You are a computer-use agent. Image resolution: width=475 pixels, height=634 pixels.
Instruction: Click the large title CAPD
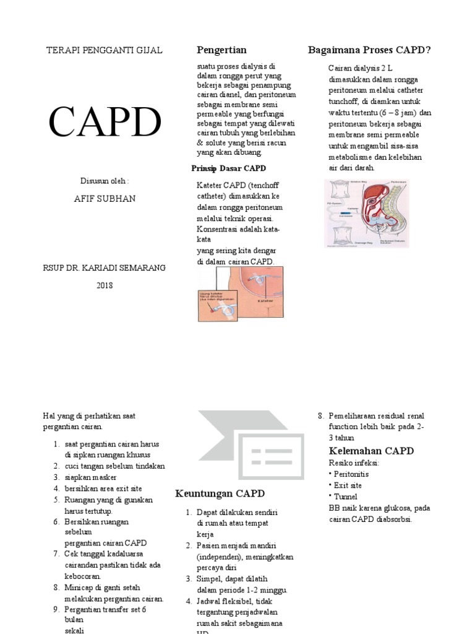(105, 122)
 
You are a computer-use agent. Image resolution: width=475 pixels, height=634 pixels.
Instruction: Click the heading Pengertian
(221, 50)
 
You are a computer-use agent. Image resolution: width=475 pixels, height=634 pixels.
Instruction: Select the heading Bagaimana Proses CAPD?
(370, 50)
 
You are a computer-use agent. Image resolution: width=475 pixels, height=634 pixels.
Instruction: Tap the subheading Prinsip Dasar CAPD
(229, 168)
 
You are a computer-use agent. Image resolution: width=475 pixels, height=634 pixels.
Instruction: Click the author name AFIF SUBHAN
(105, 199)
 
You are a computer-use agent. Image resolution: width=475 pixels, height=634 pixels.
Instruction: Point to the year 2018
(105, 285)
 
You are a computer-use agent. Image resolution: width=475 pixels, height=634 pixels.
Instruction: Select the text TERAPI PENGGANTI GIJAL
(105, 50)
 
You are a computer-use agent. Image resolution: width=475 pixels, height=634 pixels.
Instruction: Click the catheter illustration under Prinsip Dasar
(241, 293)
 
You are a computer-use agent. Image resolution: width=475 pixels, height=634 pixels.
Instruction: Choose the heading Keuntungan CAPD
(220, 493)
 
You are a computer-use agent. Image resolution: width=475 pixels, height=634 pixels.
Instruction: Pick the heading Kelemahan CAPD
(371, 451)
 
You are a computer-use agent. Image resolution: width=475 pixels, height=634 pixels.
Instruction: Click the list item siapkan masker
(90, 477)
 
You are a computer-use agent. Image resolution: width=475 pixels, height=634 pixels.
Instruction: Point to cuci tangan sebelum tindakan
(114, 466)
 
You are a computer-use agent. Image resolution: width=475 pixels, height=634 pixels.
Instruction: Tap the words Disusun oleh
(105, 181)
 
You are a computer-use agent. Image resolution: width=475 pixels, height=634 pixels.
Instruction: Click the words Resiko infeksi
(354, 463)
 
